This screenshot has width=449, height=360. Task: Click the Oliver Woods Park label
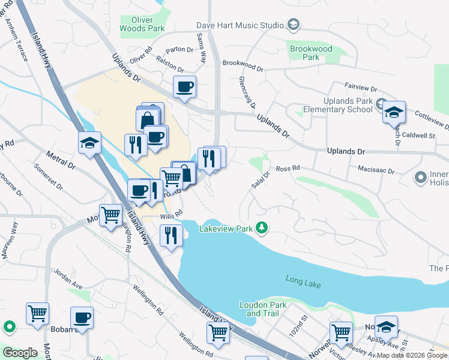[x=142, y=24]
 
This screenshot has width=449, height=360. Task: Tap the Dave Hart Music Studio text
[x=240, y=25]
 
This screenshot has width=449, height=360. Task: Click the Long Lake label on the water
[x=303, y=282]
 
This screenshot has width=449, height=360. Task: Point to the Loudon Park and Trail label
[x=261, y=309]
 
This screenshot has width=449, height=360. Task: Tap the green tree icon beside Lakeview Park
[x=261, y=227]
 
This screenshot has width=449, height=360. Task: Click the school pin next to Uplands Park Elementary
[x=394, y=112]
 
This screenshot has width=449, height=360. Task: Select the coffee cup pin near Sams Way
[x=184, y=87]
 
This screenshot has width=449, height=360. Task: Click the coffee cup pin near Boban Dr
[x=82, y=318]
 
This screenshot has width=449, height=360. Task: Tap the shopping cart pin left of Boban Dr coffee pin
[x=37, y=314]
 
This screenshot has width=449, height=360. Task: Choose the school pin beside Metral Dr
[x=89, y=143]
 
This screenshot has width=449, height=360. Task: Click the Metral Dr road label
[x=62, y=163]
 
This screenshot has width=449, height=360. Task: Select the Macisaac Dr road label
[x=375, y=171]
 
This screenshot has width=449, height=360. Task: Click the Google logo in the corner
[x=20, y=353]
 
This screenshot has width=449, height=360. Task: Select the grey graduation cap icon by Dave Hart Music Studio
[x=294, y=25]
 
